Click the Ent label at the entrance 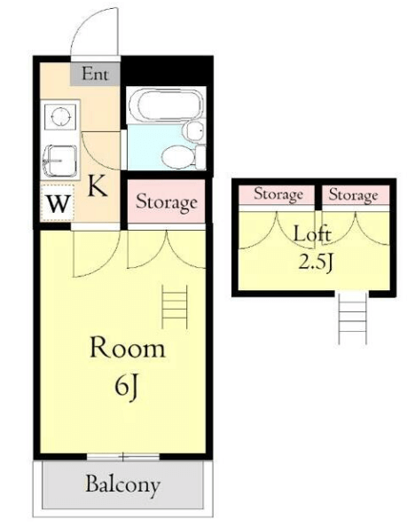pyautogui.click(x=96, y=74)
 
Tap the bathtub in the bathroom pyautogui.click(x=167, y=104)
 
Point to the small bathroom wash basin pyautogui.click(x=194, y=130)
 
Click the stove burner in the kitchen pyautogui.click(x=60, y=116)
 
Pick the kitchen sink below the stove pyautogui.click(x=59, y=161)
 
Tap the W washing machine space pyautogui.click(x=59, y=203)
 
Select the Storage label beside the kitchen pyautogui.click(x=167, y=202)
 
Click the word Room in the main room pyautogui.click(x=128, y=348)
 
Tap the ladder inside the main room pyautogui.click(x=175, y=306)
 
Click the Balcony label pyautogui.click(x=122, y=484)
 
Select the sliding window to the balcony pyautogui.click(x=123, y=457)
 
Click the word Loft pyautogui.click(x=312, y=233)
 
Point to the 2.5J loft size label pyautogui.click(x=316, y=262)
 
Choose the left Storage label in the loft pyautogui.click(x=278, y=194)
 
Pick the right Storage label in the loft pyautogui.click(x=353, y=194)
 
